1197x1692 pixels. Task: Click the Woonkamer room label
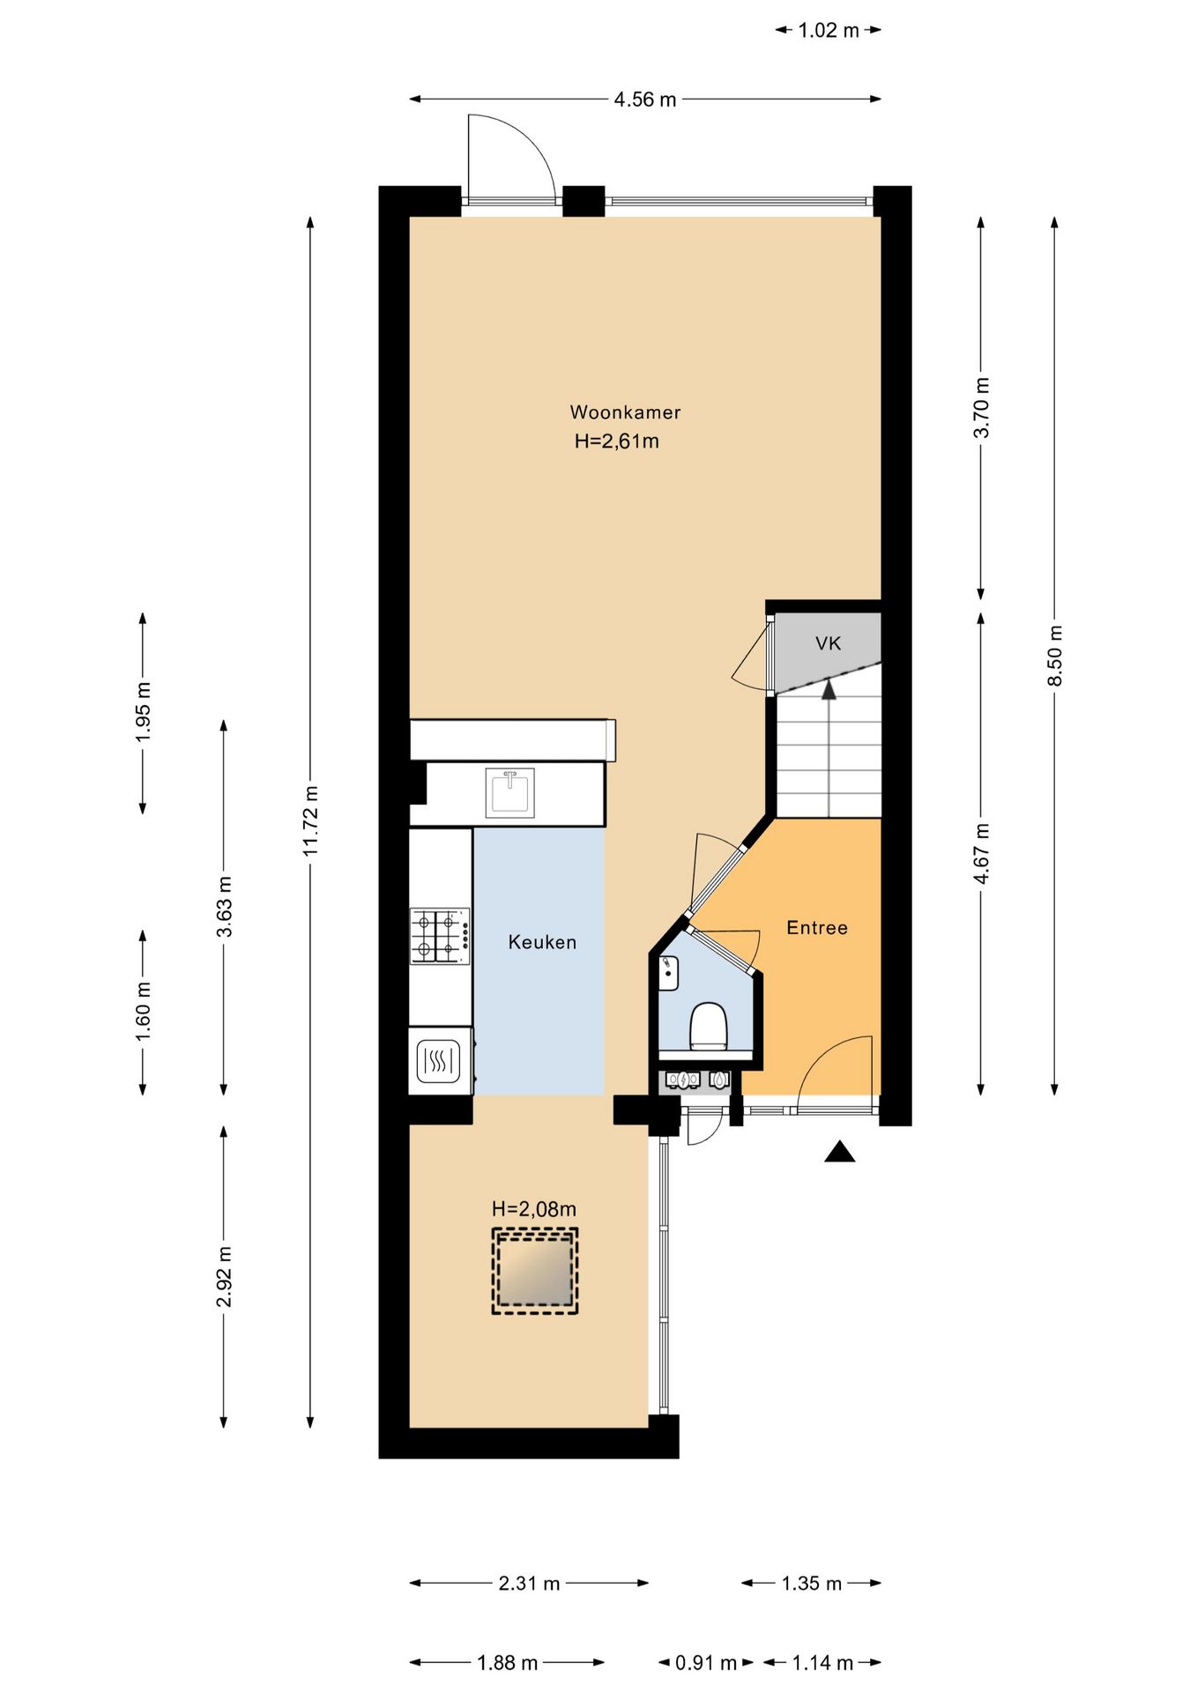click(x=625, y=412)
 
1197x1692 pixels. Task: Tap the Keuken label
click(x=542, y=942)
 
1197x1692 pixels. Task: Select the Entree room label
click(x=817, y=927)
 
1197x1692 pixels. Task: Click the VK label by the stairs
click(x=828, y=643)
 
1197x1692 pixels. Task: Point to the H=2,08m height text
click(x=534, y=1209)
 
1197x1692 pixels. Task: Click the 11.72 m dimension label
click(x=310, y=820)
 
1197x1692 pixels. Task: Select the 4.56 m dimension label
click(x=645, y=100)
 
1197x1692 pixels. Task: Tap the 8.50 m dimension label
click(x=1054, y=656)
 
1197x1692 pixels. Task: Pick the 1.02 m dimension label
click(x=829, y=31)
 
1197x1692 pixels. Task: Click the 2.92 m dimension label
click(x=224, y=1277)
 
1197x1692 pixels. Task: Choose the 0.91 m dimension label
click(x=705, y=1663)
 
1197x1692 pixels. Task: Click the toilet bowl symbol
click(x=708, y=1026)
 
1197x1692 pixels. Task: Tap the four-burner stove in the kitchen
click(x=440, y=937)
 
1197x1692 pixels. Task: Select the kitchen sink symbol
click(x=509, y=793)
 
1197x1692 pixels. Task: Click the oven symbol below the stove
click(x=439, y=1062)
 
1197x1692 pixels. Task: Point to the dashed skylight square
click(x=535, y=1271)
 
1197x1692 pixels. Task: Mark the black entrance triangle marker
click(x=840, y=1151)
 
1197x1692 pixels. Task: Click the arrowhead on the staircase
click(x=829, y=689)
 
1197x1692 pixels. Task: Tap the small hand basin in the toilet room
click(x=669, y=973)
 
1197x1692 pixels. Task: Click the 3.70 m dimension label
click(x=981, y=407)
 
